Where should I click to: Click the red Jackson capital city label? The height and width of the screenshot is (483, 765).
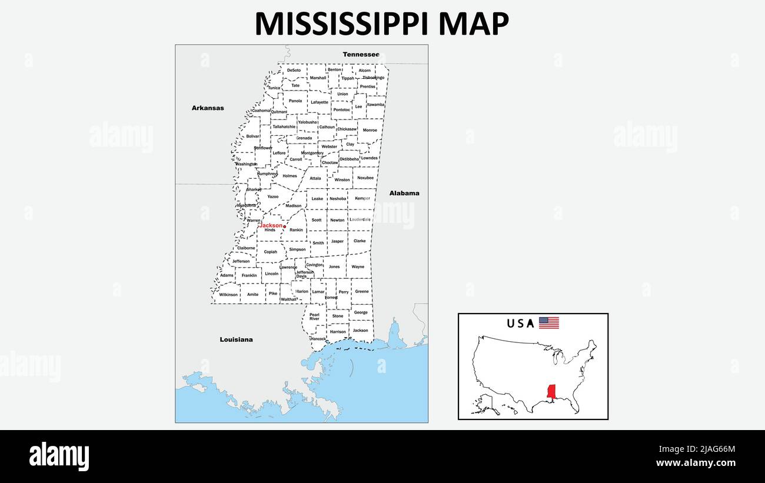coord(271,225)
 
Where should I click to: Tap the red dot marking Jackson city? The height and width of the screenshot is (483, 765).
coord(284,226)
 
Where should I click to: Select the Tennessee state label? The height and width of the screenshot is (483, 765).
coord(361,54)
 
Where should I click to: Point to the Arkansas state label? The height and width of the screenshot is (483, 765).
coord(208,108)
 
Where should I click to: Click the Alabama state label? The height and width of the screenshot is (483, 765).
coord(404,193)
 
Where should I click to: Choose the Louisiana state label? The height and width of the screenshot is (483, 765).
coord(236,339)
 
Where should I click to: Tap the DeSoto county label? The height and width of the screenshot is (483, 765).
coord(294,70)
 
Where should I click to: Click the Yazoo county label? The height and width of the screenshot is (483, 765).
coord(272,196)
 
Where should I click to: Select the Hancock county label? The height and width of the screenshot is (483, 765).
coord(318,339)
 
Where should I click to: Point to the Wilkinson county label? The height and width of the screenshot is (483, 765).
coord(228,294)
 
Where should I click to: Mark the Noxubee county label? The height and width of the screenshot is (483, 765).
coord(365,177)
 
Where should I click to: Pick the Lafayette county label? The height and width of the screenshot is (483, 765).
coord(320,102)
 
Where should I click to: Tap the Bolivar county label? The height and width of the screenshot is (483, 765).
coord(252,136)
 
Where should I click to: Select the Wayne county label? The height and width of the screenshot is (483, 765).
coord(358,267)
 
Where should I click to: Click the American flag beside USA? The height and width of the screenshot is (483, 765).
coord(548,323)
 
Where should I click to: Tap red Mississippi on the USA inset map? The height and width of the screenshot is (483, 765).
coord(551,391)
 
